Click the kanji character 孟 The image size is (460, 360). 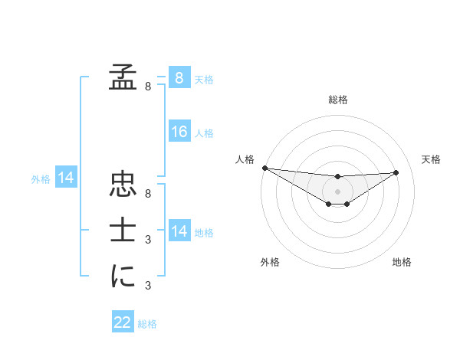click(122, 77)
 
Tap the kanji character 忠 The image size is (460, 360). click(122, 185)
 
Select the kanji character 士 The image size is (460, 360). click(122, 231)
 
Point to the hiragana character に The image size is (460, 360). click(122, 276)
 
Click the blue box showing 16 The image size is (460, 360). click(179, 132)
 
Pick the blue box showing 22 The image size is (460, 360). click(123, 322)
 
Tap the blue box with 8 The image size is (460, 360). click(179, 77)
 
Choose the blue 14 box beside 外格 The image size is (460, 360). click(66, 178)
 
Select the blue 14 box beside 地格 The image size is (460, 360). click(179, 231)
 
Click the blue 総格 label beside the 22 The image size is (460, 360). click(147, 324)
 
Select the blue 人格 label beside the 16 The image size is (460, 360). click(204, 133)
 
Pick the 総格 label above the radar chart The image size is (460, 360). click(338, 100)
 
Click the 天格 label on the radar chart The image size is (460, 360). click(431, 159)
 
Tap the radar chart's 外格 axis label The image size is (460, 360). click(270, 262)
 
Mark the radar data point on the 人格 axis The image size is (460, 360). click(264, 168)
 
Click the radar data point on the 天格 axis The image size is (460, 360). click(396, 172)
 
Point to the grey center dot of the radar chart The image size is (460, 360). click(337, 191)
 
